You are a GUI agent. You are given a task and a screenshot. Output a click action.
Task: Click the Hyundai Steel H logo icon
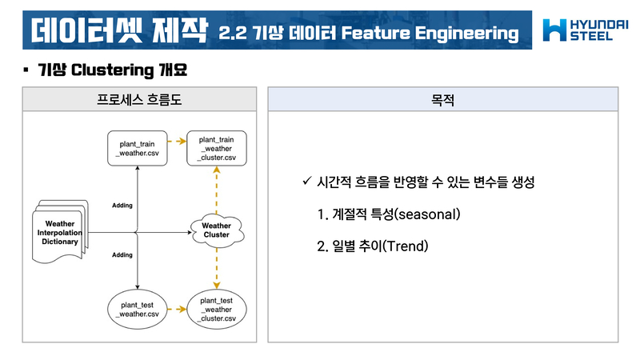coord(555,30)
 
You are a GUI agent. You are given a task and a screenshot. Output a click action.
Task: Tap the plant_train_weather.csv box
coord(138,149)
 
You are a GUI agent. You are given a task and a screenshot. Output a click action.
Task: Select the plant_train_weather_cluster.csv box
coord(216,149)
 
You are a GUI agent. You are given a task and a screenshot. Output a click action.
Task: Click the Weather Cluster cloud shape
coord(216,230)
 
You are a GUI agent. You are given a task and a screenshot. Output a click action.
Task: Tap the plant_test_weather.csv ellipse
coord(138,310)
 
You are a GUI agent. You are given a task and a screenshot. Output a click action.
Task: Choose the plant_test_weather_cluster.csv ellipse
coord(216,310)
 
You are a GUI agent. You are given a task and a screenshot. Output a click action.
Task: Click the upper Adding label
coord(122,206)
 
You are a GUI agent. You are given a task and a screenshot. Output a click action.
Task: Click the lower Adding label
coord(122,254)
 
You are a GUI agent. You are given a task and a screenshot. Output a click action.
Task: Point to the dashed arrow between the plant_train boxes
coord(177,142)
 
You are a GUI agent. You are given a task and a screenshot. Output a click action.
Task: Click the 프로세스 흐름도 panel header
coord(138,99)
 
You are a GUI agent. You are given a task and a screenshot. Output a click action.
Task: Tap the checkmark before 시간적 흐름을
coord(306,182)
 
